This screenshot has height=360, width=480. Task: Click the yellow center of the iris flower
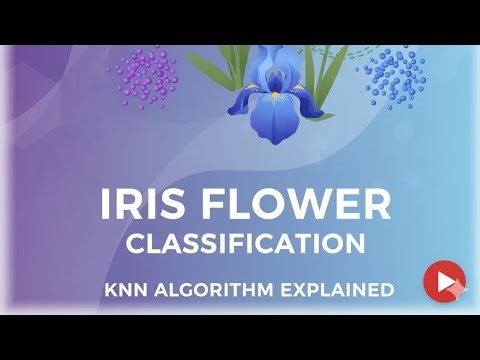click(274, 95)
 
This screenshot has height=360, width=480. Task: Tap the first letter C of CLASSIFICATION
click(133, 244)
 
